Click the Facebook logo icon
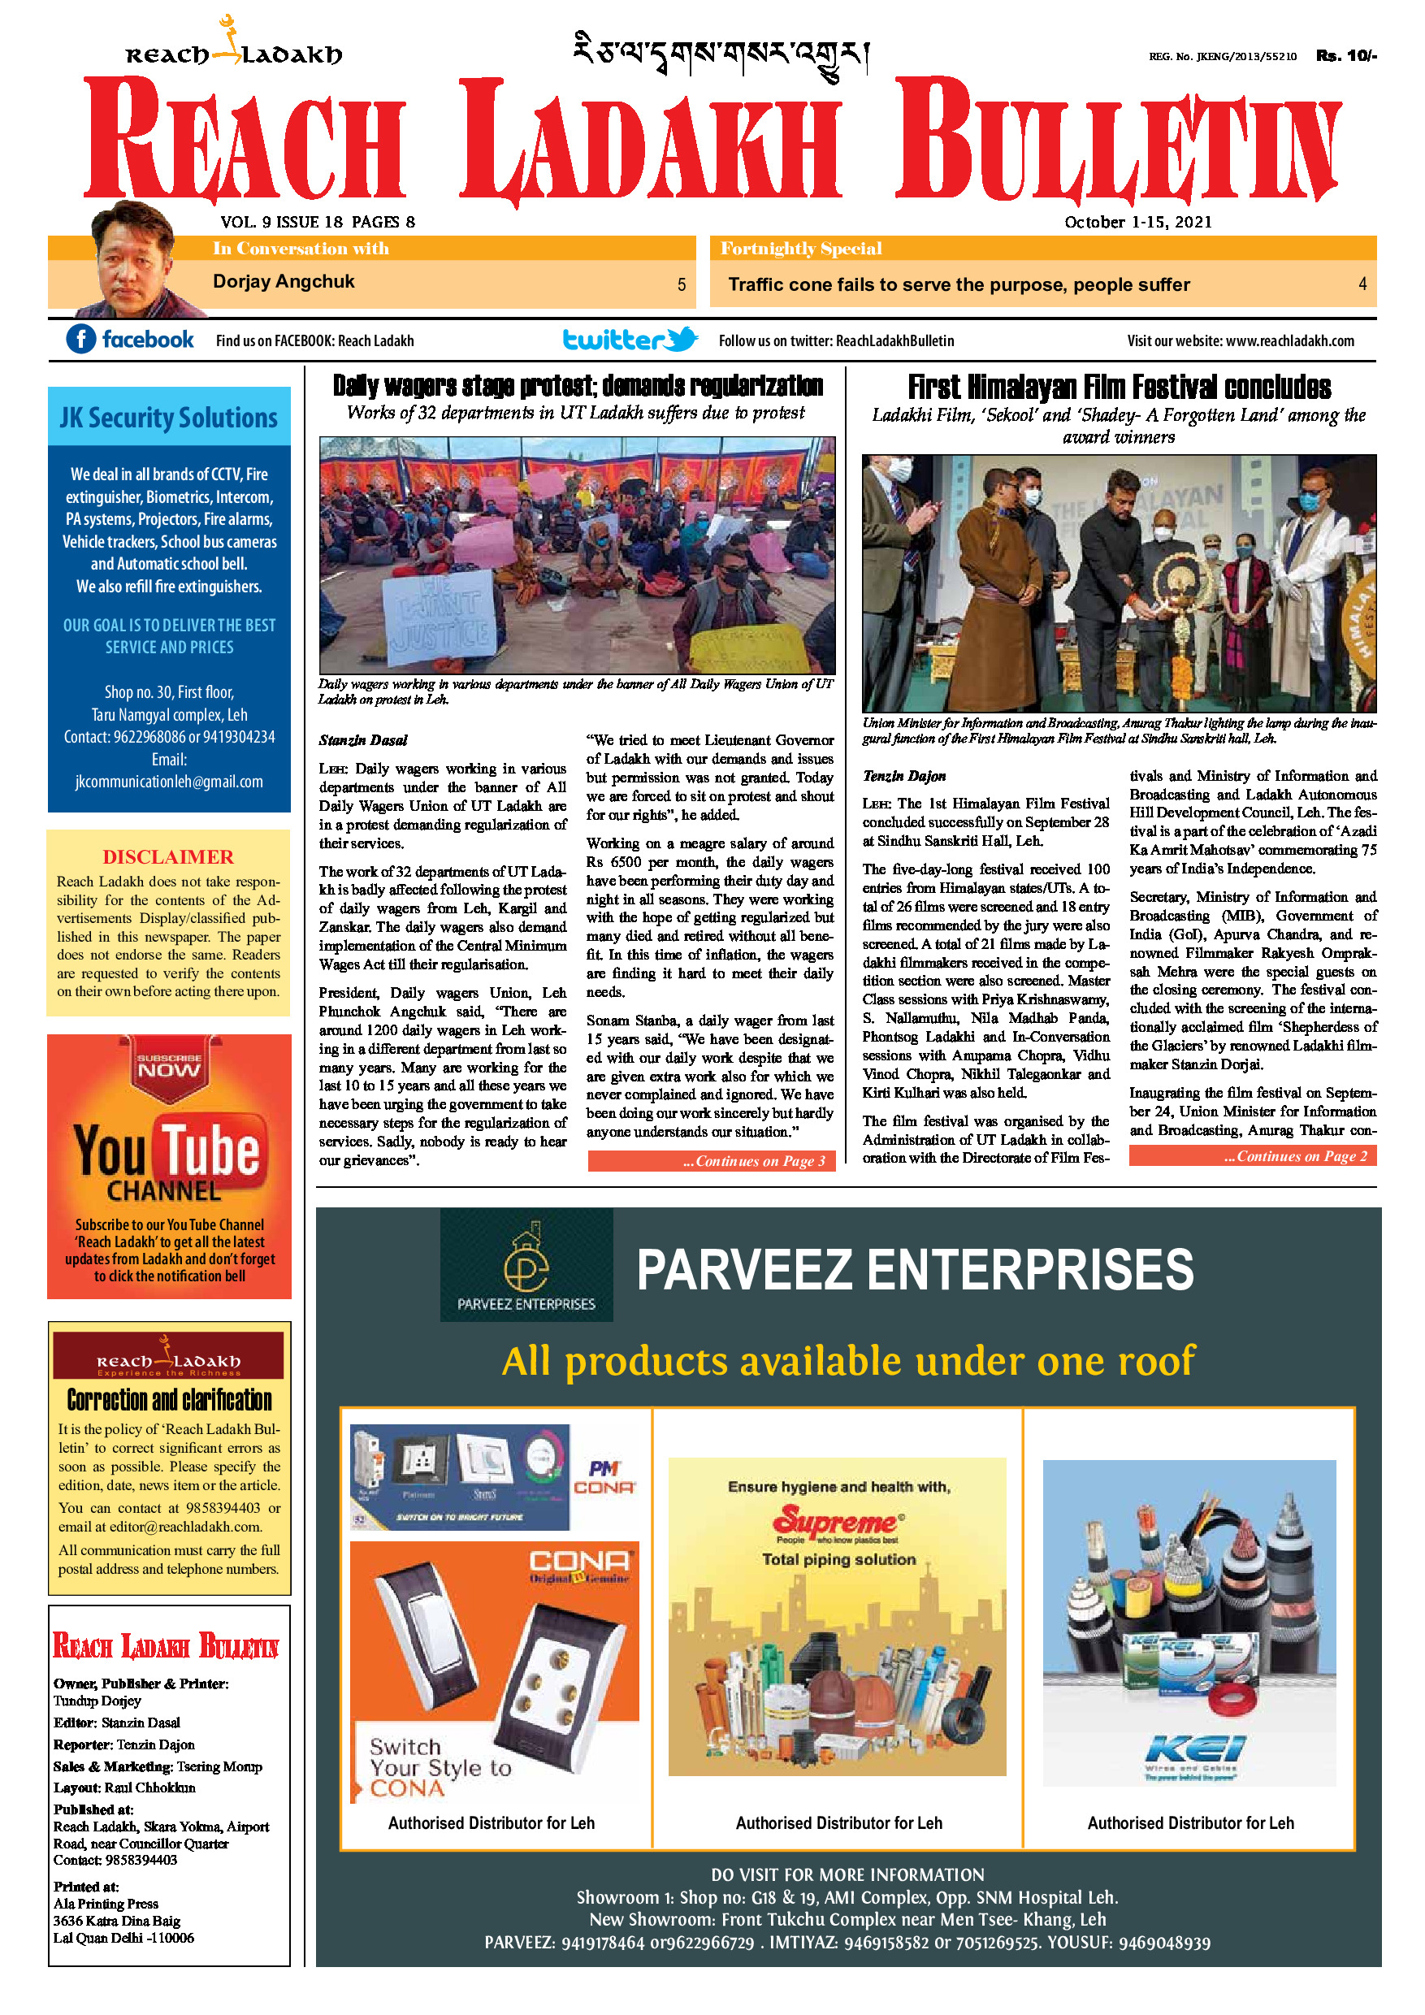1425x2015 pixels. click(80, 339)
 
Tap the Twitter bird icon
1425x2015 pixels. click(682, 339)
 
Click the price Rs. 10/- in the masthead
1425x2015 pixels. click(1345, 56)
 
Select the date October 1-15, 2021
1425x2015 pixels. click(1137, 222)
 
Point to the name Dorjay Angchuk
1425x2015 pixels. click(284, 282)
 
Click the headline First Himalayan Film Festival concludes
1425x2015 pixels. click(1119, 387)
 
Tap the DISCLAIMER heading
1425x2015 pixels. click(167, 856)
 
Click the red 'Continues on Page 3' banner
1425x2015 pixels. click(711, 1161)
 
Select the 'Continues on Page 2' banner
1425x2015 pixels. click(1252, 1156)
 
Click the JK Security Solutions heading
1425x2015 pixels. click(168, 418)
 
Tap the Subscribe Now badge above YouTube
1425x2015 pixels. click(169, 1064)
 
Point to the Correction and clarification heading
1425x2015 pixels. click(169, 1399)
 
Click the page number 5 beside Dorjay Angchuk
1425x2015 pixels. click(681, 284)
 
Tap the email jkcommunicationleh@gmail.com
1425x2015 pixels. click(168, 781)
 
